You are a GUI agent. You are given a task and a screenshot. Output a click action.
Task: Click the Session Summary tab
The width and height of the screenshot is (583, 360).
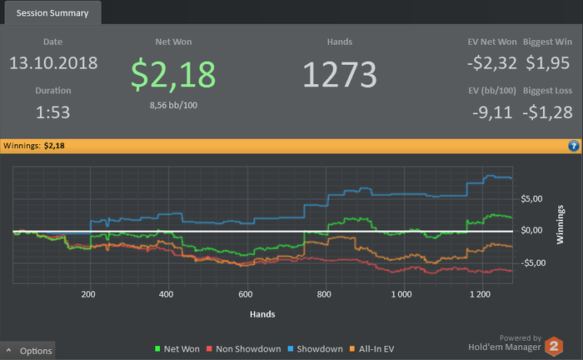52,13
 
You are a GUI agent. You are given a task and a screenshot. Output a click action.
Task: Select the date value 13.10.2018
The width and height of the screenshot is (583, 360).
53,63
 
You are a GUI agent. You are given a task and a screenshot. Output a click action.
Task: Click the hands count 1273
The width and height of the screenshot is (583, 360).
340,74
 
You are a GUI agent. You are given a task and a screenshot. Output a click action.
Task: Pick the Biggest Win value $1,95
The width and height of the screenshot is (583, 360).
552,63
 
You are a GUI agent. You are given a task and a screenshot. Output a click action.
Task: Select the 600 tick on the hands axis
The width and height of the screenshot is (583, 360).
245,294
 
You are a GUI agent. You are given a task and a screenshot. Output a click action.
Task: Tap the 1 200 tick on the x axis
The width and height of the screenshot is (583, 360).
480,294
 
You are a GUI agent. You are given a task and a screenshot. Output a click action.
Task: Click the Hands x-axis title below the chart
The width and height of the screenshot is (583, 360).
262,314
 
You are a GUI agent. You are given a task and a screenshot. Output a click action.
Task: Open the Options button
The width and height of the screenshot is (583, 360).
28,351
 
